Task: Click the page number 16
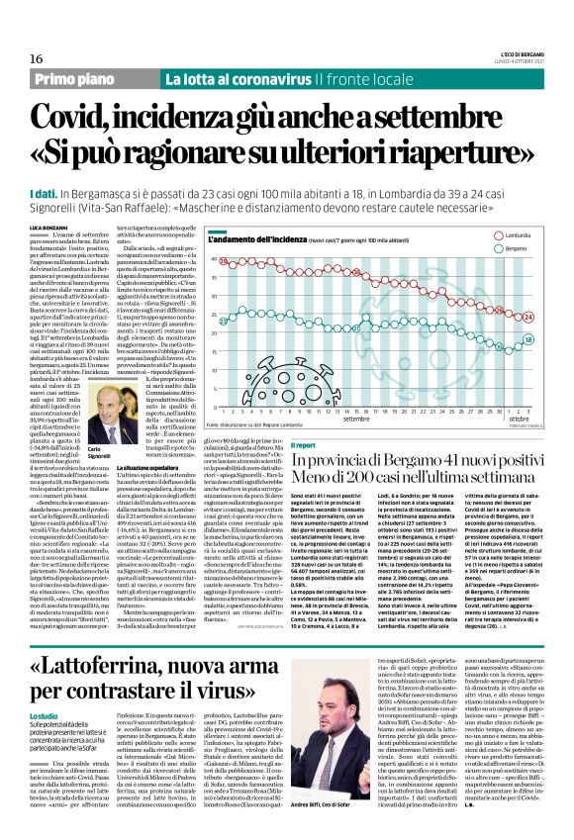point(23,60)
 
